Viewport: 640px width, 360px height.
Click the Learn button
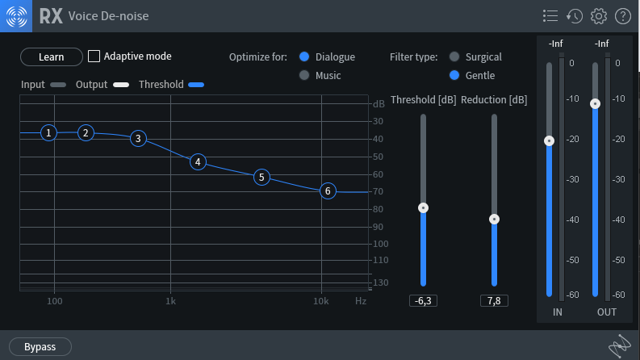(52, 57)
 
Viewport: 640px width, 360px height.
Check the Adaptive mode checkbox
(94, 57)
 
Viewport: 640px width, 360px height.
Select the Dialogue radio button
(304, 57)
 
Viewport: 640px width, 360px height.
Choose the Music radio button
(304, 75)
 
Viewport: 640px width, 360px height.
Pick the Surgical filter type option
(454, 57)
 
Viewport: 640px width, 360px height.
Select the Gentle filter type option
(454, 75)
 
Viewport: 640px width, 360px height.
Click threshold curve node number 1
(49, 132)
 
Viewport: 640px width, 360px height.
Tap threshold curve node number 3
(138, 138)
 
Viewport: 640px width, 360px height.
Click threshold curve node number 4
(198, 161)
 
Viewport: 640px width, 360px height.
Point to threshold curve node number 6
(327, 190)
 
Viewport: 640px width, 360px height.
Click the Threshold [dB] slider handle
(423, 207)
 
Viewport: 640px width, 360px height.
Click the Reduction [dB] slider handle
(494, 219)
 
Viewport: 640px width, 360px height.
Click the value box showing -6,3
(423, 301)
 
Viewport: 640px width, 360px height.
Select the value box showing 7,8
(494, 301)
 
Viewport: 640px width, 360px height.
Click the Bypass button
(40, 346)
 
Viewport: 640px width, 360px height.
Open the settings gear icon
(598, 16)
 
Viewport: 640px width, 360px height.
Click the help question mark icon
(622, 16)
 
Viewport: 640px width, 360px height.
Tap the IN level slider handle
(549, 140)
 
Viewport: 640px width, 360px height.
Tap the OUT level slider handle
(595, 103)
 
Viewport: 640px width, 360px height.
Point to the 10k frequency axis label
(321, 301)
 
